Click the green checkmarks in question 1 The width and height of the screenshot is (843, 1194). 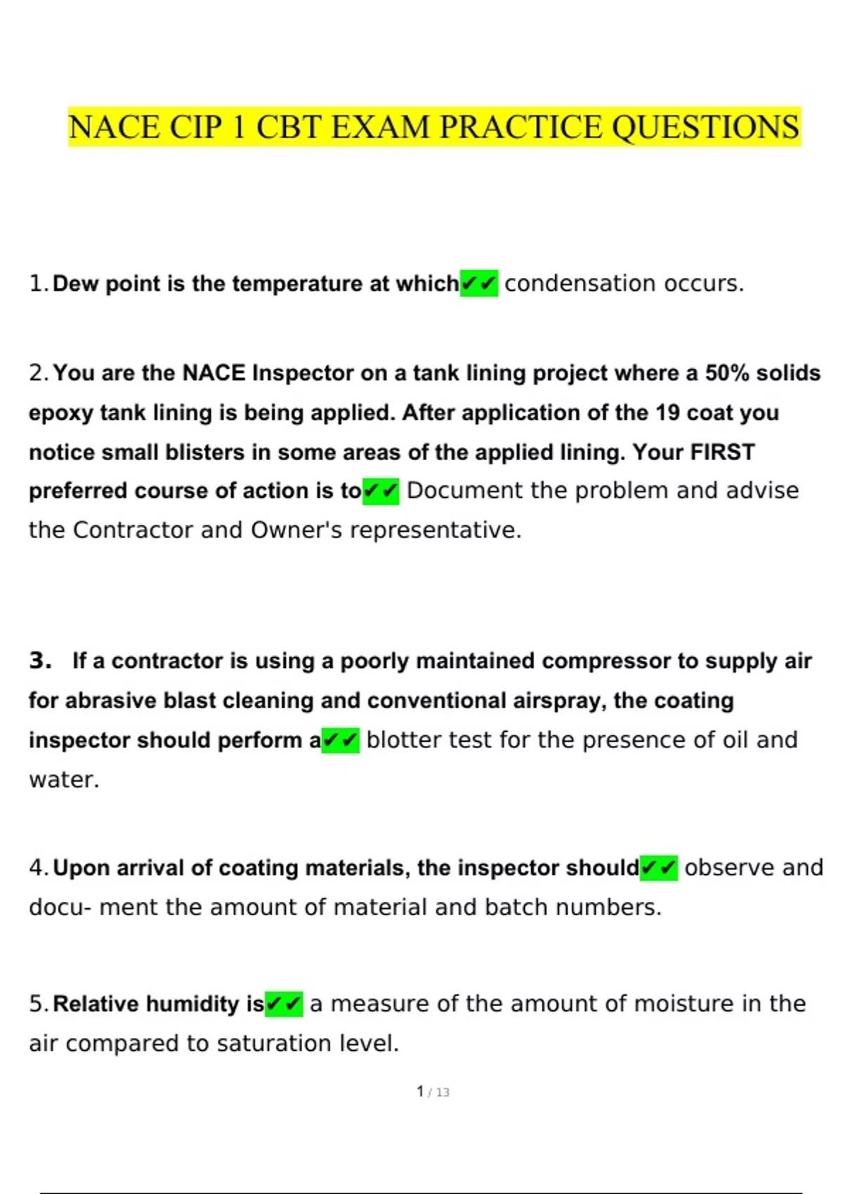click(479, 284)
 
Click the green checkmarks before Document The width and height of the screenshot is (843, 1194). click(381, 491)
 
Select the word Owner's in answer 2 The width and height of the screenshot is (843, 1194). click(296, 530)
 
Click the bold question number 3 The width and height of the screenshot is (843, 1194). click(40, 661)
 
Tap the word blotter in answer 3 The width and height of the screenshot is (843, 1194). click(404, 740)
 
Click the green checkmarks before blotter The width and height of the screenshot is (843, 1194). click(341, 740)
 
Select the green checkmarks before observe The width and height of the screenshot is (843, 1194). click(659, 868)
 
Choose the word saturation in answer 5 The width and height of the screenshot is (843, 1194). click(275, 1044)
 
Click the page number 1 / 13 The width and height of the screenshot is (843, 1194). click(433, 1092)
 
